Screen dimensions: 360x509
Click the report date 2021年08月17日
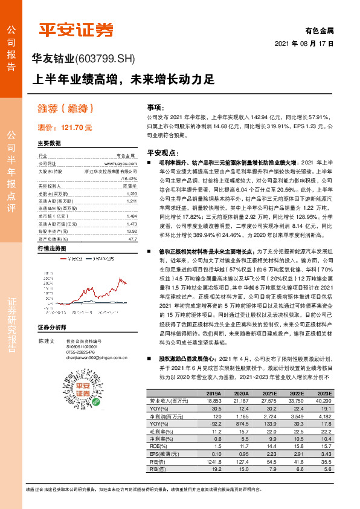tap(304, 44)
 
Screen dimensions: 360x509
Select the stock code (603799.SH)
tap(106, 59)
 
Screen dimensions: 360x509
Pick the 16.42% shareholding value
tap(129, 179)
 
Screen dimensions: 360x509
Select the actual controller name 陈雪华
tap(129, 187)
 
